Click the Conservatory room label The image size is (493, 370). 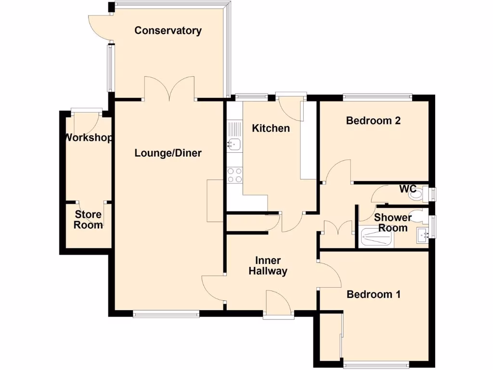pos(168,31)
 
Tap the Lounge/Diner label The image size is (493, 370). pos(168,153)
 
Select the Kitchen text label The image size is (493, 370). pos(271,128)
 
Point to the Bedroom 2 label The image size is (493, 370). pos(373,120)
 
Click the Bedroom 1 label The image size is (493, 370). pos(374,294)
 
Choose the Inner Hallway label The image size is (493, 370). pos(268,266)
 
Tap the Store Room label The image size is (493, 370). pos(88,220)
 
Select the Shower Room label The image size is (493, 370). pos(393,223)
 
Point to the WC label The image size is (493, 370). pos(407,188)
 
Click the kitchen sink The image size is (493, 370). pos(234,144)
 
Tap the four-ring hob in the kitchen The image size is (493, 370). pos(234,175)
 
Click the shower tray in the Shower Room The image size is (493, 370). pos(377,238)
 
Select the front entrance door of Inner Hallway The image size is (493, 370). pos(278,304)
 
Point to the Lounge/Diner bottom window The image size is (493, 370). pos(166,314)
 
